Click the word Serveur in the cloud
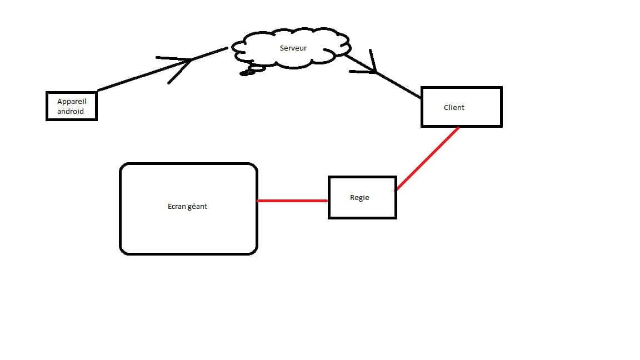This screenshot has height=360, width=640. [293, 48]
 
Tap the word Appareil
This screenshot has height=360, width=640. [72, 102]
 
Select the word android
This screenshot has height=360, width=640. [70, 112]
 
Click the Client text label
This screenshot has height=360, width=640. [454, 107]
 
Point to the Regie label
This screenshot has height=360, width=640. [359, 198]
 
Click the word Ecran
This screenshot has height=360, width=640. [177, 207]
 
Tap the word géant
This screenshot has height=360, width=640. [198, 207]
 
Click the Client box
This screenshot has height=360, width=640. [462, 88]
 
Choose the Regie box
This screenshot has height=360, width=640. [362, 177]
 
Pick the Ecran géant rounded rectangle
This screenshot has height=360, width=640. [188, 164]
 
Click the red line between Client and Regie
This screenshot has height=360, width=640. [427, 159]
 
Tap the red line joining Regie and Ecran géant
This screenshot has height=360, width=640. [293, 201]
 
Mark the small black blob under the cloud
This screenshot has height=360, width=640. [244, 73]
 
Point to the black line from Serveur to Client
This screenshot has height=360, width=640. [383, 77]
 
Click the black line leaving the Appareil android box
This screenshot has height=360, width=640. [162, 69]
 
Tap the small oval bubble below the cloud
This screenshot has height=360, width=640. [257, 69]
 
